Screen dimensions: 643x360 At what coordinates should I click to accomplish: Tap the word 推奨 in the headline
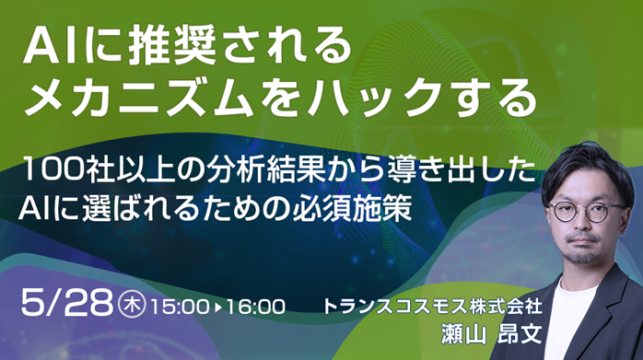click(x=172, y=47)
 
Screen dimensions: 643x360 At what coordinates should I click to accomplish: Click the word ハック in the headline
click(x=374, y=99)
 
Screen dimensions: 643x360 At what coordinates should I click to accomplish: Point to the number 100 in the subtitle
click(x=53, y=169)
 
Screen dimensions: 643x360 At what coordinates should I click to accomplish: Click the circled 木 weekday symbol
click(x=132, y=305)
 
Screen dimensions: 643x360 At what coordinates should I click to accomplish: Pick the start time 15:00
click(x=180, y=307)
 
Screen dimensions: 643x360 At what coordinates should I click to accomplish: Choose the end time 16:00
click(x=255, y=307)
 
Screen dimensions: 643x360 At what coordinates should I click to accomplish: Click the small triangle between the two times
click(x=218, y=307)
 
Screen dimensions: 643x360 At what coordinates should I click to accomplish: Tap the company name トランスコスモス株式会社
click(x=433, y=307)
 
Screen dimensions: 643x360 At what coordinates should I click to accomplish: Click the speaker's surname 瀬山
click(x=463, y=333)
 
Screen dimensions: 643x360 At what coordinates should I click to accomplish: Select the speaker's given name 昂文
click(x=520, y=333)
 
